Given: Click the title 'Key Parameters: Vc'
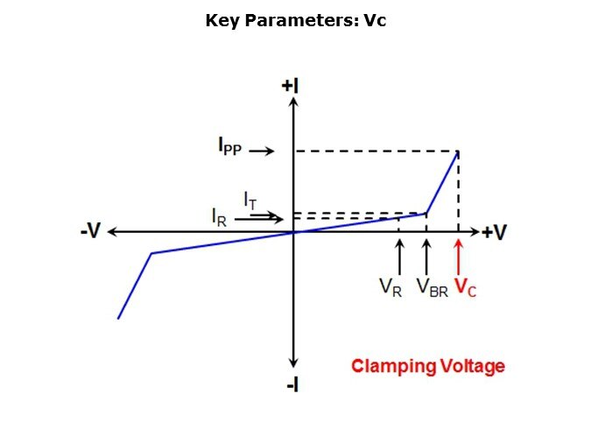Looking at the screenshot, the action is [296, 20].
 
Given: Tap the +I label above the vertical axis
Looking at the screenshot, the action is [290, 86].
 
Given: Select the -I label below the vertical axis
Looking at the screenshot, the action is [292, 385].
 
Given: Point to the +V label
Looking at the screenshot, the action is [495, 232].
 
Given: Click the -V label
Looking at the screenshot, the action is [91, 230].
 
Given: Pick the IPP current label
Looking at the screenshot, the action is [229, 146].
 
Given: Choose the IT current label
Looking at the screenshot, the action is [250, 200].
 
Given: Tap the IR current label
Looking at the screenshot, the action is [220, 217].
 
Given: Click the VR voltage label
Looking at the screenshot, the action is [390, 288].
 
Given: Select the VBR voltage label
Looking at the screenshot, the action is [433, 288].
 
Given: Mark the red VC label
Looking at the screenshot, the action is [466, 288].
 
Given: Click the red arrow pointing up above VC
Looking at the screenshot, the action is [458, 257].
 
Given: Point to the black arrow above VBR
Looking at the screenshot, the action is [426, 257].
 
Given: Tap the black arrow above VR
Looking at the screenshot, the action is [399, 257].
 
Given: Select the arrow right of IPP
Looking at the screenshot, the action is [262, 151].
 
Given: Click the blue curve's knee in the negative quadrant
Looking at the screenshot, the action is [151, 253].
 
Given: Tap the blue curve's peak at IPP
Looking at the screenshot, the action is [458, 151].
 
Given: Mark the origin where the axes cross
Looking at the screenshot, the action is [293, 232].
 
